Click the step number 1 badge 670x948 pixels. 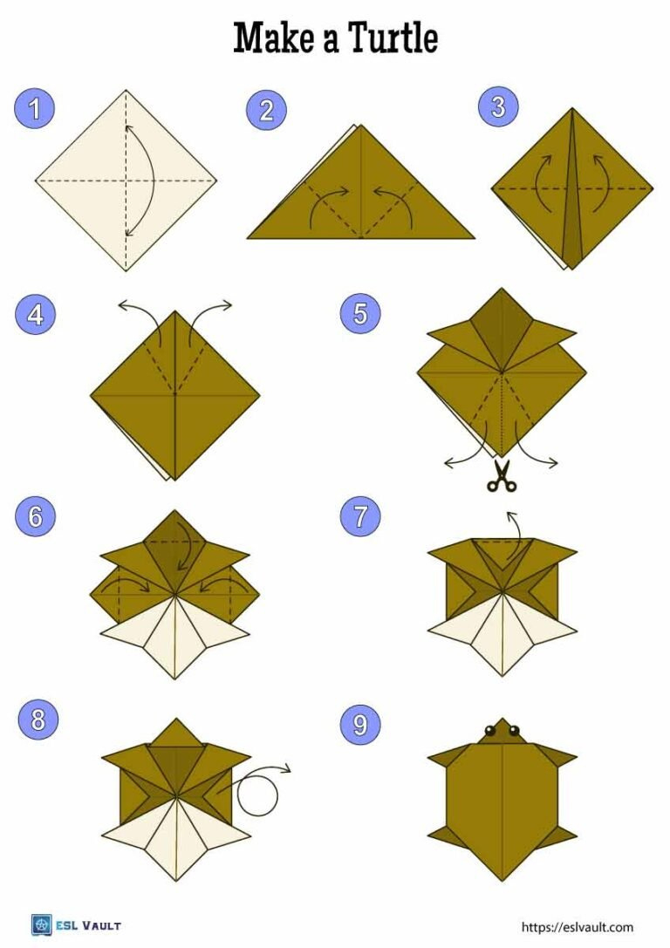35,109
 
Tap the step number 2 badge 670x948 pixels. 266,109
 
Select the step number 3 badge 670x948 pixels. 498,107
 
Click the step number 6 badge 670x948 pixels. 35,516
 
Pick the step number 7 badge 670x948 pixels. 360,516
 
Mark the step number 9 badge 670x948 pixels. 360,724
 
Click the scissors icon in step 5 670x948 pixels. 501,476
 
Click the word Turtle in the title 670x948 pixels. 393,39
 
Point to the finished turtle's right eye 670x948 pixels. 514,731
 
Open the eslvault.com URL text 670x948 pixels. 577,927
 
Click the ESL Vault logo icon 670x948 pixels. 41,925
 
